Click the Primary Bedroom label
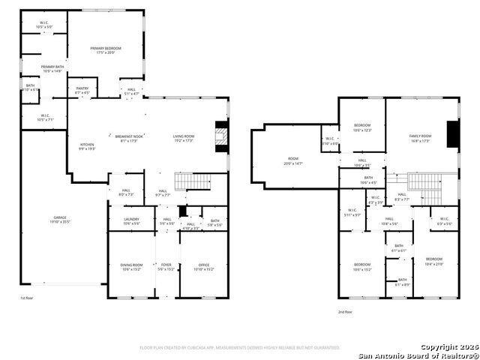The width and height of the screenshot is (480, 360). click(x=106, y=48)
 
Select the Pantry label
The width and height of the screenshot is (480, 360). click(x=82, y=88)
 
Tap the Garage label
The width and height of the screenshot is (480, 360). click(x=59, y=218)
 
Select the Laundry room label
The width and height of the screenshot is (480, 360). click(x=131, y=220)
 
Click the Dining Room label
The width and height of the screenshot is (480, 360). click(x=131, y=265)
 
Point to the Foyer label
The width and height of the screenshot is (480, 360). click(x=166, y=265)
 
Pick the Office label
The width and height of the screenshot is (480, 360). click(x=204, y=265)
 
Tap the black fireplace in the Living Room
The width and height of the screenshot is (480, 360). click(x=220, y=136)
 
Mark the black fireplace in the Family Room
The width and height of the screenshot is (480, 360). click(x=452, y=136)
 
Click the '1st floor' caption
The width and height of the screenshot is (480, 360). click(x=28, y=298)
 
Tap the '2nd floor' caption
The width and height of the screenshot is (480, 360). click(x=345, y=311)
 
